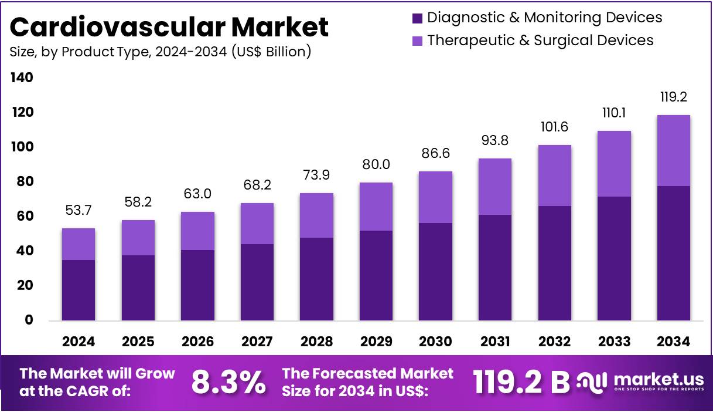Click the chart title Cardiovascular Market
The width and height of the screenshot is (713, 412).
click(169, 27)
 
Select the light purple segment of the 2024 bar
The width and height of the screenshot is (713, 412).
click(79, 244)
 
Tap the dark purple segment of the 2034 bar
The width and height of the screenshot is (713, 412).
click(673, 253)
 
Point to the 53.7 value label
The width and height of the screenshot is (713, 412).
click(79, 210)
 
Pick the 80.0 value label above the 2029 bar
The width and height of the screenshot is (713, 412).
click(376, 164)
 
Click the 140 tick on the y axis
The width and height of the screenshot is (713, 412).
click(21, 77)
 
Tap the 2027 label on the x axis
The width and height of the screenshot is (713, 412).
click(257, 342)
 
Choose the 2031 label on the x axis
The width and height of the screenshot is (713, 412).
click(495, 342)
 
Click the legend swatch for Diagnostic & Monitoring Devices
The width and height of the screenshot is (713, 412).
click(417, 18)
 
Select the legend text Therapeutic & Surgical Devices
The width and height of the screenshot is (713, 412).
click(540, 40)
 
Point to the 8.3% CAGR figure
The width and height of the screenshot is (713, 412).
click(228, 383)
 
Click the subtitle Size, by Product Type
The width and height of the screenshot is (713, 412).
click(160, 52)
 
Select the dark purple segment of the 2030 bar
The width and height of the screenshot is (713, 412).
click(435, 272)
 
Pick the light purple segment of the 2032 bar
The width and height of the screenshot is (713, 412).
click(554, 175)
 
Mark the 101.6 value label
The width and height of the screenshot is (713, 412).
click(554, 127)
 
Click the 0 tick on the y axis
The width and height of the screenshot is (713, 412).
click(28, 320)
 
